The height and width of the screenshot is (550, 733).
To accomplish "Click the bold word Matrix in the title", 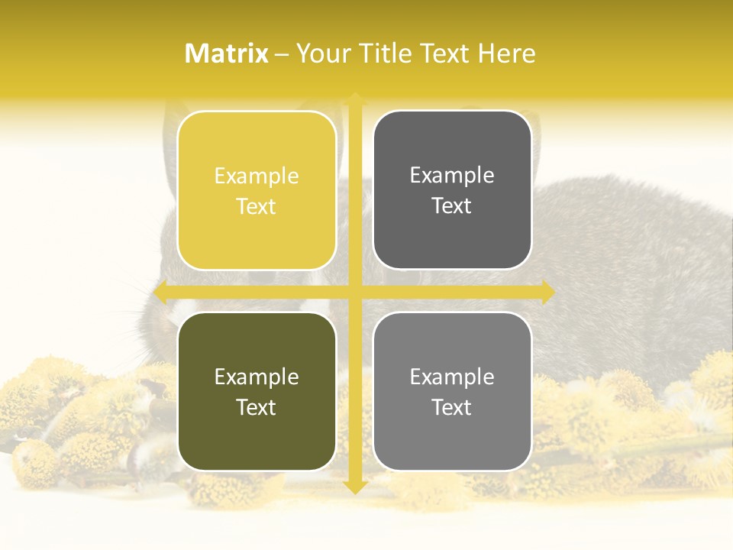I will click(x=227, y=53).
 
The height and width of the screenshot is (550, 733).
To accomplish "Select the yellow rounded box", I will click(x=257, y=190).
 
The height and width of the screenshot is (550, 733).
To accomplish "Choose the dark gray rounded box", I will click(x=452, y=190).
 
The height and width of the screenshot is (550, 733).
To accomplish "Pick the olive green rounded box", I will click(x=257, y=391).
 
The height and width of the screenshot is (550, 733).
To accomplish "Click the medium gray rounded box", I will click(x=452, y=391).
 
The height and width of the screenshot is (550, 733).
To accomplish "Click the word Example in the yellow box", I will click(x=257, y=176).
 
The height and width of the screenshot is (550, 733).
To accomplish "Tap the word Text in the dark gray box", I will click(x=452, y=205).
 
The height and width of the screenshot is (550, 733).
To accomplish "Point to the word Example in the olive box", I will click(x=257, y=377).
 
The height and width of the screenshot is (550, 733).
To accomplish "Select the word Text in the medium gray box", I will click(x=452, y=407).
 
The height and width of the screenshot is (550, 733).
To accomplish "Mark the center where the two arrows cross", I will click(x=354, y=292).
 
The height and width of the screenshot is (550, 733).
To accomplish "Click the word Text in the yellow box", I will click(x=257, y=206).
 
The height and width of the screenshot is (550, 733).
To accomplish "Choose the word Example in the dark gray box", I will click(x=452, y=175).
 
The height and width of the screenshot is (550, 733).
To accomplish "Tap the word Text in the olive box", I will click(x=257, y=407).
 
